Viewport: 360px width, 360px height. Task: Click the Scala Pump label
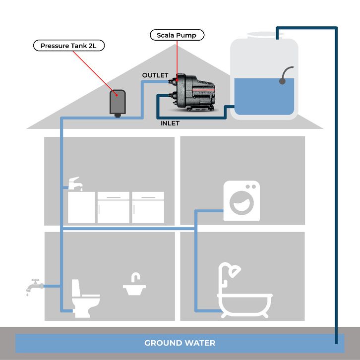[177, 35]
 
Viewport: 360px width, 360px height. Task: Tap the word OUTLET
[155, 75]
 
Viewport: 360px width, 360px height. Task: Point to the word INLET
[170, 122]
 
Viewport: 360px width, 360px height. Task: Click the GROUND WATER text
[180, 343]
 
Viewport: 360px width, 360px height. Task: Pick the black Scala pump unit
[192, 92]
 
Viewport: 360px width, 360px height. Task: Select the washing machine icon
[241, 200]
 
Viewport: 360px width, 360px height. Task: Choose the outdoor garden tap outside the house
[33, 286]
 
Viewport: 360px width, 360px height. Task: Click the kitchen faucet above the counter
[75, 182]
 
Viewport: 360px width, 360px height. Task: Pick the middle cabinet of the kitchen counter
[113, 207]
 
